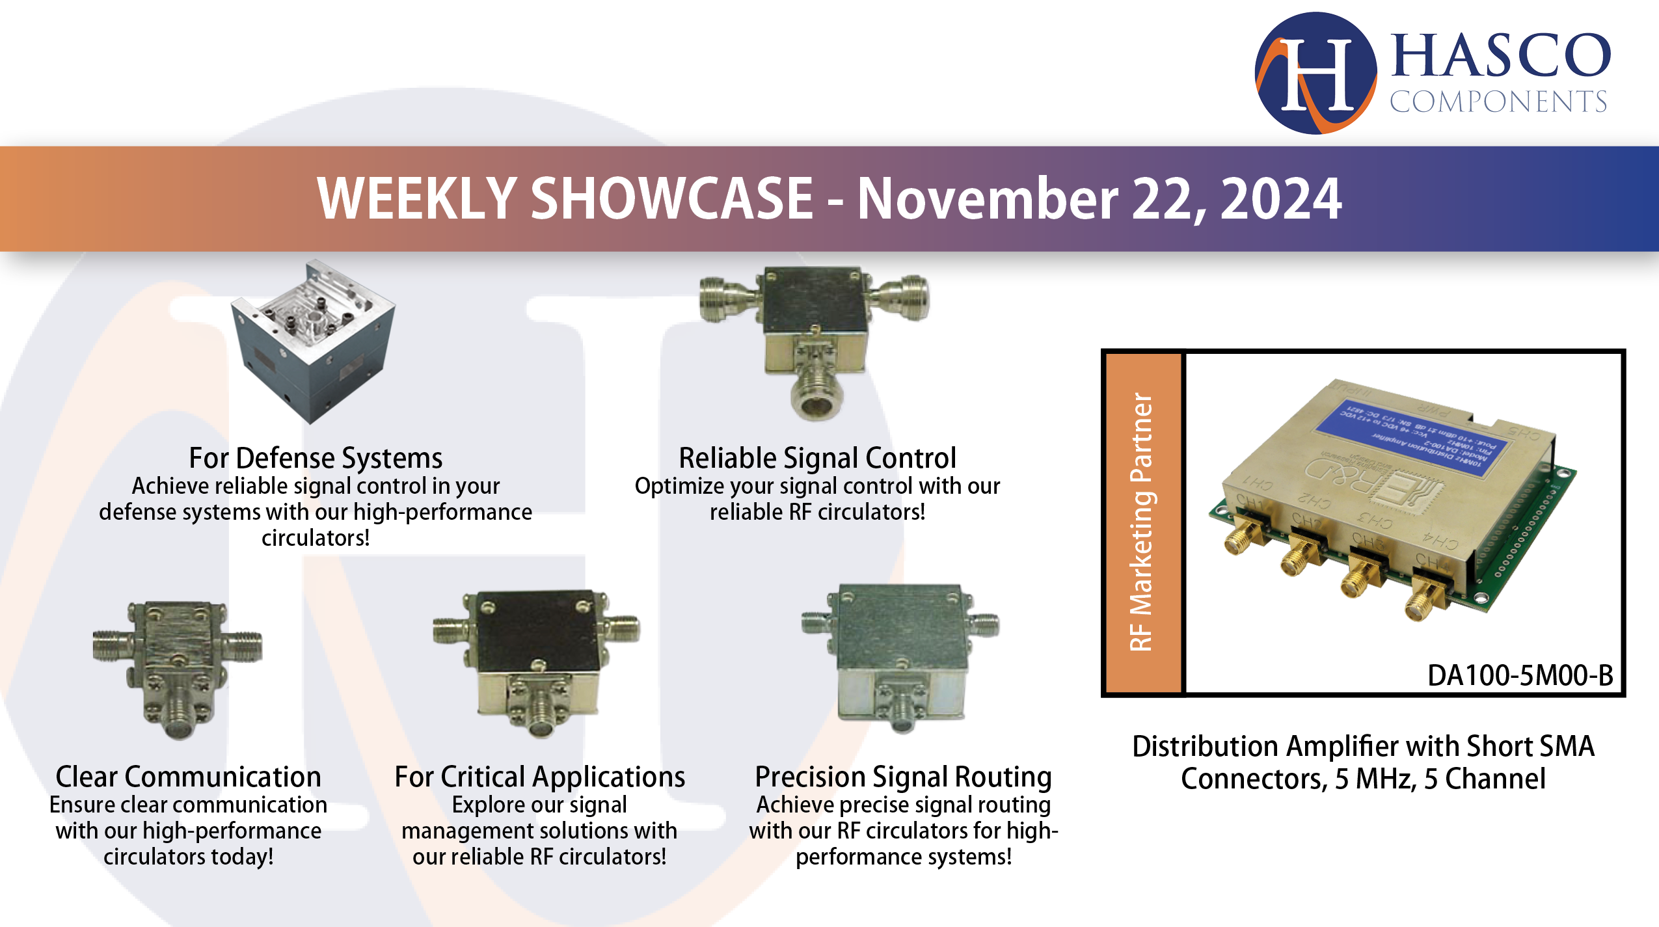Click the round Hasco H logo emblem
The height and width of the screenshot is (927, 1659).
[1315, 73]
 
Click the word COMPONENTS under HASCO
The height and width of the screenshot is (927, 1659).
[1498, 102]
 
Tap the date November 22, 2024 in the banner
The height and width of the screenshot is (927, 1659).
[1099, 198]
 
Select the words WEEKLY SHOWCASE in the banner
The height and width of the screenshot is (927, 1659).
[565, 198]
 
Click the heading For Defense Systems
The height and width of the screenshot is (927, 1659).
[316, 458]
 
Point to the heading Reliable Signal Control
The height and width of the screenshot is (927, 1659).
[817, 458]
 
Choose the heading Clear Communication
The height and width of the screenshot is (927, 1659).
[188, 777]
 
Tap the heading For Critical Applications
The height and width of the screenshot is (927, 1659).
[539, 777]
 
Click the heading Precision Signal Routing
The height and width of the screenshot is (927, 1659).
[903, 777]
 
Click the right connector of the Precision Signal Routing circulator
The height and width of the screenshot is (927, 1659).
[984, 624]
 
